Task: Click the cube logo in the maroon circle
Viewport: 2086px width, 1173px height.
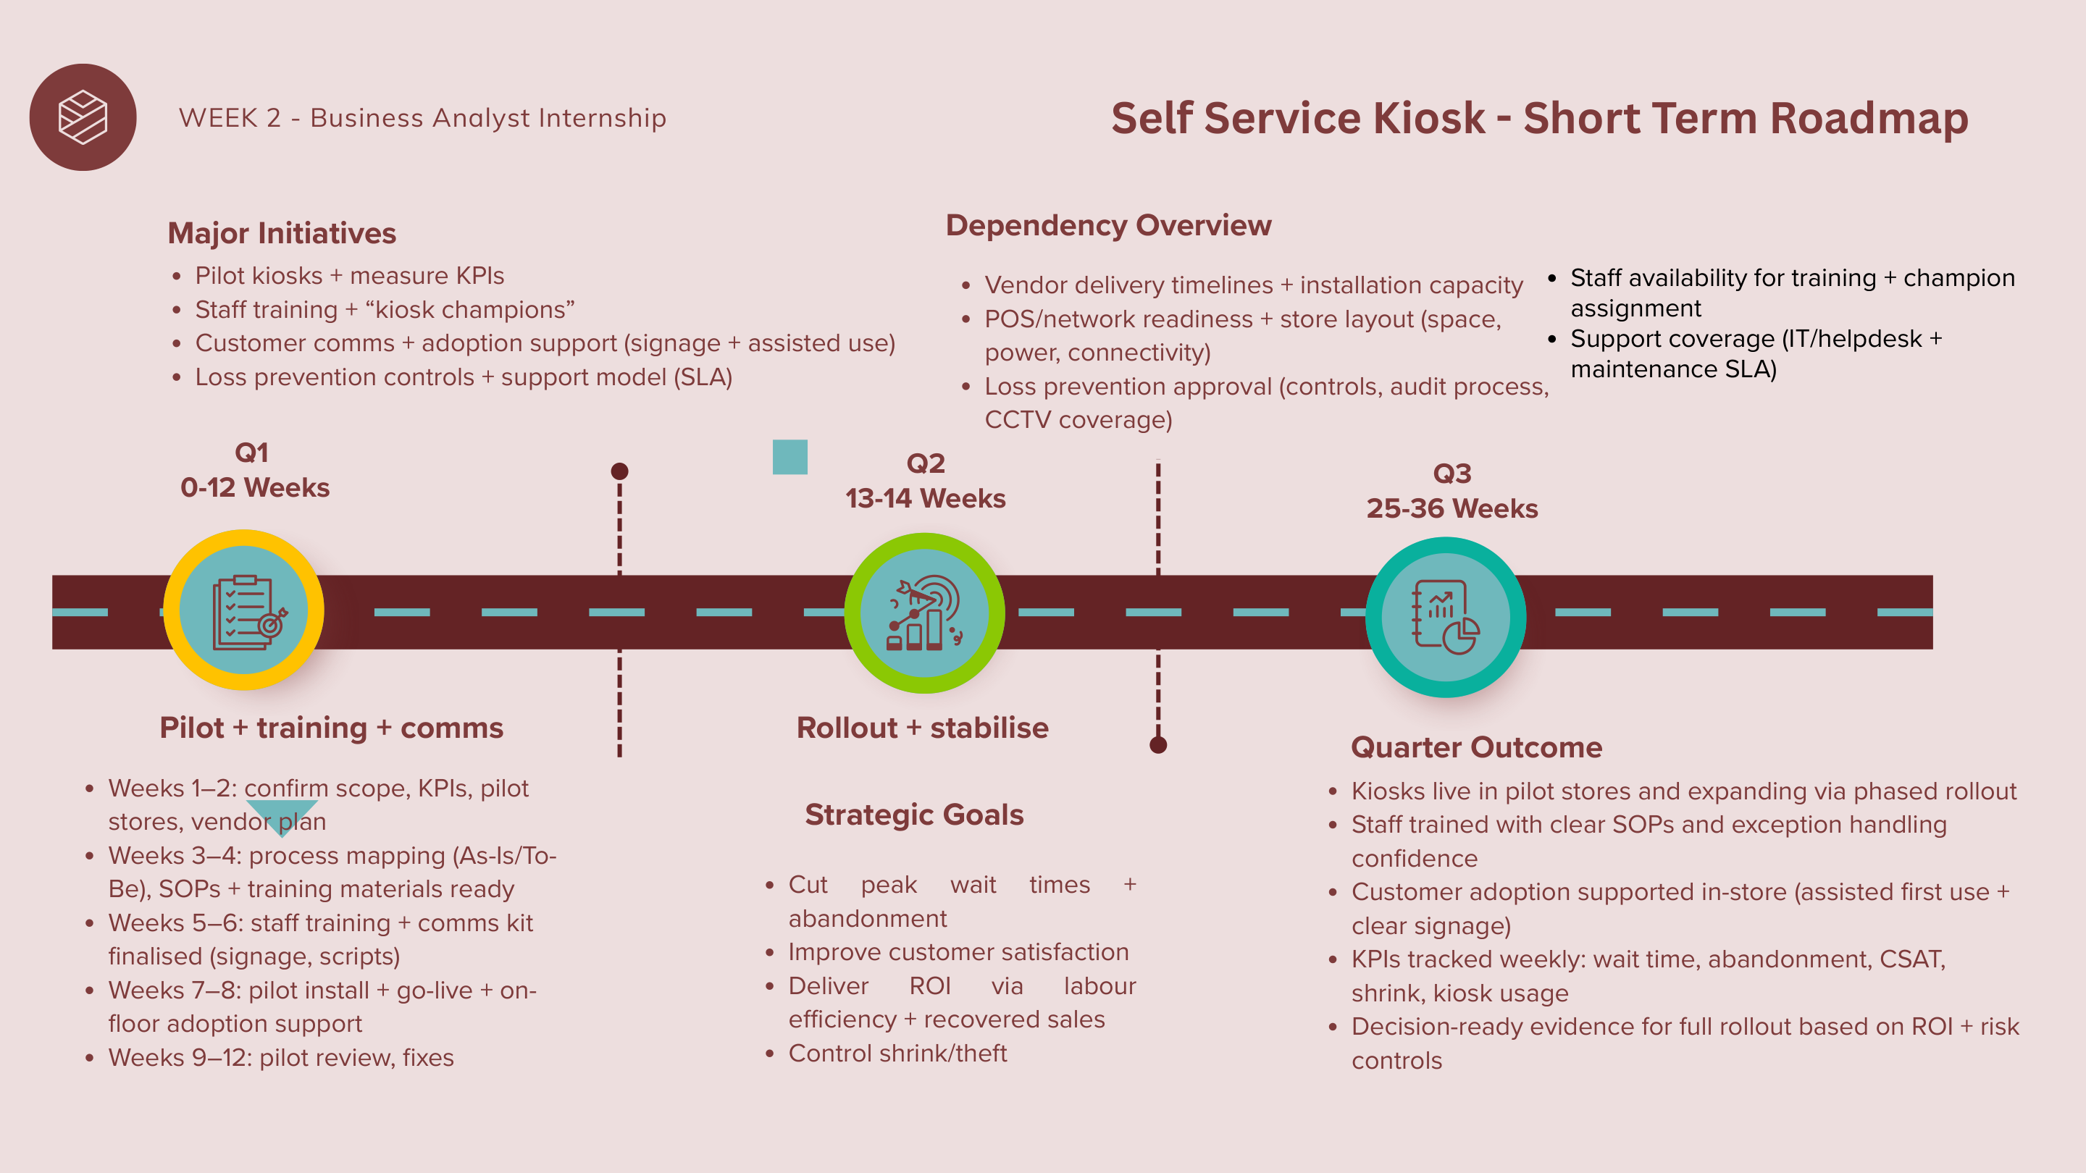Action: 83,117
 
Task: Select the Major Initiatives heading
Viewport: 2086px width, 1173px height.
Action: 282,233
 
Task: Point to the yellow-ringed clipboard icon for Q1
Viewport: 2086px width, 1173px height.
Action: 244,610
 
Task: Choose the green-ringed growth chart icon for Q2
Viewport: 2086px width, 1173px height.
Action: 925,613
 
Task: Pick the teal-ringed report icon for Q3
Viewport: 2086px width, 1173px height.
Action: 1446,617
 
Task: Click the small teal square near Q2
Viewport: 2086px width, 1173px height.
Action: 789,457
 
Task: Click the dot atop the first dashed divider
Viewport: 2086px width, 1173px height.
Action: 619,471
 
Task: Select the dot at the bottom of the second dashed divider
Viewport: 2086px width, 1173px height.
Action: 1158,745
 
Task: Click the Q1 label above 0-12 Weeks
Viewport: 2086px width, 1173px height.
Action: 251,453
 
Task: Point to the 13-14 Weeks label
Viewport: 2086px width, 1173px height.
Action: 926,499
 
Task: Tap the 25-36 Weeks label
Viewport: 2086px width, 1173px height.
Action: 1452,508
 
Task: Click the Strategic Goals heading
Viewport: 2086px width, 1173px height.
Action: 914,815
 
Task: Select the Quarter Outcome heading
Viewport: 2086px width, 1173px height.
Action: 1476,747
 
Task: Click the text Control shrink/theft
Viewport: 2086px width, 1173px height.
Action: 897,1054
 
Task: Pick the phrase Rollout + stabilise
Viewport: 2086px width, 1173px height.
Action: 922,728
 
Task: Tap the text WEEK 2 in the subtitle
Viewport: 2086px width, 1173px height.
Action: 229,118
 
